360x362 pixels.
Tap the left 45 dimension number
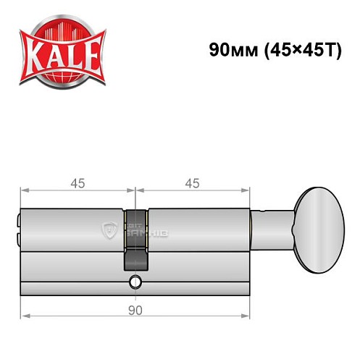77,183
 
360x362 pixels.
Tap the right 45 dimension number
192,183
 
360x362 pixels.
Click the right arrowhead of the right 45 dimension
246,192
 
